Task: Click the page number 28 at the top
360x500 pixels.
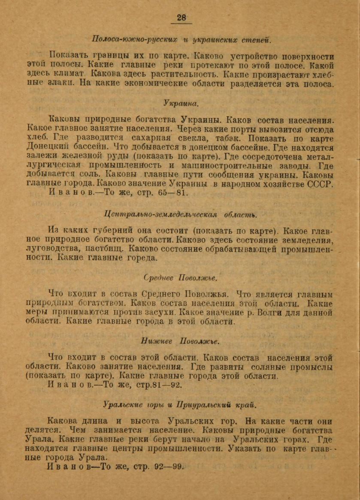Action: [181, 18]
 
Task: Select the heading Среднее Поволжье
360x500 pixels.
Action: [180, 278]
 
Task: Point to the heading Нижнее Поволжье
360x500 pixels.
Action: [180, 341]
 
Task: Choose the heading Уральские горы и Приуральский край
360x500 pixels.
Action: [180, 405]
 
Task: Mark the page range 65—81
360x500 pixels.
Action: [172, 193]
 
